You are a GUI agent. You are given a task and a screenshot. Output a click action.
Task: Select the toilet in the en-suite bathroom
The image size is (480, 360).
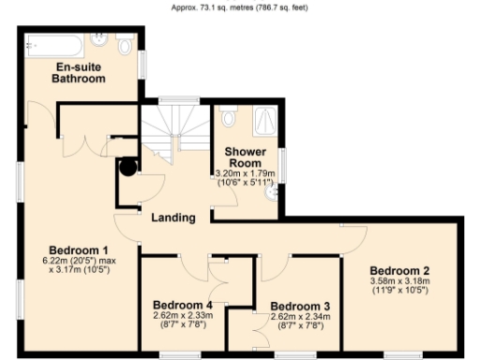tap(126, 47)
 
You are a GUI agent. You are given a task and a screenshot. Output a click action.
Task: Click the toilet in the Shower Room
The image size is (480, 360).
tap(228, 119)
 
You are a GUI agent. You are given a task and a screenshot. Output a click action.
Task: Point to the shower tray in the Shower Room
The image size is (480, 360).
tap(265, 120)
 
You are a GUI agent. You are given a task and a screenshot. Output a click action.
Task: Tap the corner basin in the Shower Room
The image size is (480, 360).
tap(273, 192)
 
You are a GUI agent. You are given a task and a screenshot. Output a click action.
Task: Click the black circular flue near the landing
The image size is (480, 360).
tap(128, 168)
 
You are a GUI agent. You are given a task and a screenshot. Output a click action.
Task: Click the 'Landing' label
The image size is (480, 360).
tap(173, 217)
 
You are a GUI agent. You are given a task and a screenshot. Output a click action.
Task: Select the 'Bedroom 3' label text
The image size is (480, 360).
tap(300, 306)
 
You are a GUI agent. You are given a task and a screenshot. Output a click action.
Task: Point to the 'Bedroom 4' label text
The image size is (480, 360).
tap(183, 305)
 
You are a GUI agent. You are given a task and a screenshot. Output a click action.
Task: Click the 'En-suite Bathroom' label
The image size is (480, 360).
tap(80, 74)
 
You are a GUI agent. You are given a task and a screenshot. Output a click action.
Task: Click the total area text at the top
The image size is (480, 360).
tap(240, 7)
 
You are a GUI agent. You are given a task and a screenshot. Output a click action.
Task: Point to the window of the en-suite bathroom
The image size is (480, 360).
tap(143, 65)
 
